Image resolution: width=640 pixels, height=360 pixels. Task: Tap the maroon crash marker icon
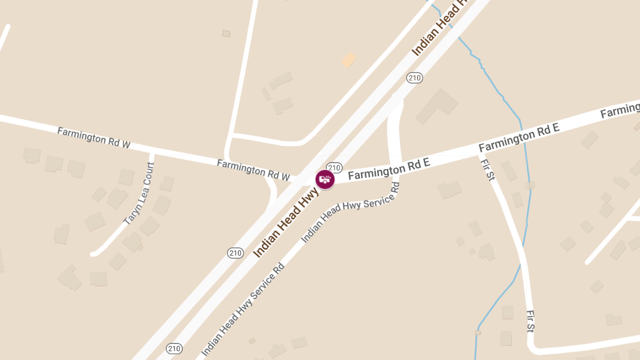coord(325,180)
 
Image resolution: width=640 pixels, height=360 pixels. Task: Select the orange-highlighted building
coord(348,60)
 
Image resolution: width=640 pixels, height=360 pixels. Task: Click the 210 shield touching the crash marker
coord(334,167)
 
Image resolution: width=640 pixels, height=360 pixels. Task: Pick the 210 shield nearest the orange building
coord(414,78)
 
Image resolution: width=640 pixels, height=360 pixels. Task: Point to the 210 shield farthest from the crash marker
coord(174,349)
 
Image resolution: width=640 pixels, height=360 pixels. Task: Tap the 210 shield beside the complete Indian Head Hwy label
coord(235,253)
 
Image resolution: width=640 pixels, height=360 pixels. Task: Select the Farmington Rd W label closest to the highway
coord(253,170)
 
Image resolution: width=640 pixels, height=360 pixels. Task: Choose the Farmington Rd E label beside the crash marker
coord(389,170)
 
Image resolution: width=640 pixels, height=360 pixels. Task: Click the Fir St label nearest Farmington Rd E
coord(488,170)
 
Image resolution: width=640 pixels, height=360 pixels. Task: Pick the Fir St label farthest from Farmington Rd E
coord(530,321)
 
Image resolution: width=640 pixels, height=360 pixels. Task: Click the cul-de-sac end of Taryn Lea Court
coord(94,254)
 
